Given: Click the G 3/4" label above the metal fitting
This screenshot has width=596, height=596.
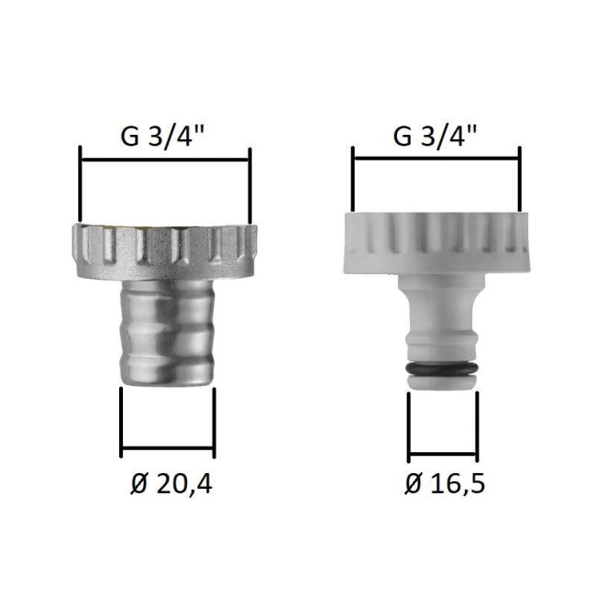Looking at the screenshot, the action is click(162, 137).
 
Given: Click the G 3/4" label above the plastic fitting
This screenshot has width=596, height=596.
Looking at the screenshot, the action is click(435, 136).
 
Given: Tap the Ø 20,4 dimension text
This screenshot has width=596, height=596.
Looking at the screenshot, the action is click(171, 484).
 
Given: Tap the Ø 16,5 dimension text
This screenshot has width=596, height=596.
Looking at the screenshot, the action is click(445, 483).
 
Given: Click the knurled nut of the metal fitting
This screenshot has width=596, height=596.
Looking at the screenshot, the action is click(164, 252).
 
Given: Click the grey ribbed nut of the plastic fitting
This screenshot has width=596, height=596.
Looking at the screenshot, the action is click(436, 243).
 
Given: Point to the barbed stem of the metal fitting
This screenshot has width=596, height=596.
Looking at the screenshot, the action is click(167, 334).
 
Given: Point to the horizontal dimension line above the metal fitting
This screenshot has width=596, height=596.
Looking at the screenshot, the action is click(165, 160).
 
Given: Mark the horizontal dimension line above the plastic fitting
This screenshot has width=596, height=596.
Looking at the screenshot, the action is click(436, 159).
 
